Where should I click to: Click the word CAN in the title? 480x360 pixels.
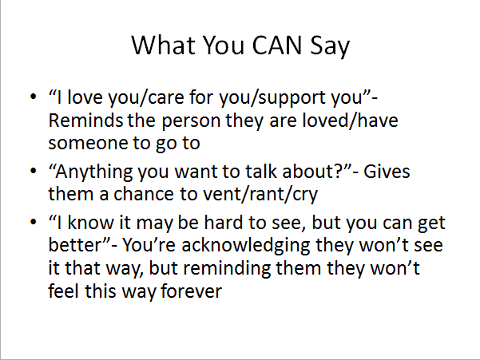coord(277,45)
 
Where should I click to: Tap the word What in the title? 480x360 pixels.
coord(163,45)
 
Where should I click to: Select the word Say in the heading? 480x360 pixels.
coord(330,46)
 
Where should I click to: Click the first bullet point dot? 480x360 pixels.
coord(34,97)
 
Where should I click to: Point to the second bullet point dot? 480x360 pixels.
coord(34,171)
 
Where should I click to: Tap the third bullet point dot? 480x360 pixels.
coord(34,222)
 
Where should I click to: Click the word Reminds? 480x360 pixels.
coord(85,121)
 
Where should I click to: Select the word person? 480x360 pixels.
coord(191,122)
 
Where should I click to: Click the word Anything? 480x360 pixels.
coord(94,172)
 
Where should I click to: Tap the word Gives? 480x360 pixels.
coord(387,172)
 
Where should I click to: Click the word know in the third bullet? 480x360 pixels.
coord(90,222)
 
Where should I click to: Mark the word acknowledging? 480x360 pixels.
coord(245,247)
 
